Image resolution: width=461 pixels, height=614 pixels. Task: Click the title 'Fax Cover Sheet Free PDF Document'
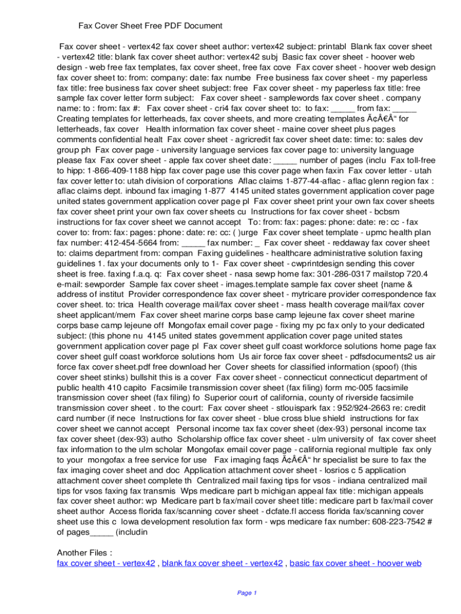pyautogui.click(x=150, y=26)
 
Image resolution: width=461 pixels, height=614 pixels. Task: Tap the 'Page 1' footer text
pyautogui.click(x=247, y=593)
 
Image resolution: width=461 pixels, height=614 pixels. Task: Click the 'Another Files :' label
pyautogui.click(x=84, y=552)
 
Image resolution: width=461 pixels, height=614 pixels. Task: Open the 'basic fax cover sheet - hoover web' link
pyautogui.click(x=356, y=563)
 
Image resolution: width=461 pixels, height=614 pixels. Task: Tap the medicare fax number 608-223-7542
pyautogui.click(x=393, y=520)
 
